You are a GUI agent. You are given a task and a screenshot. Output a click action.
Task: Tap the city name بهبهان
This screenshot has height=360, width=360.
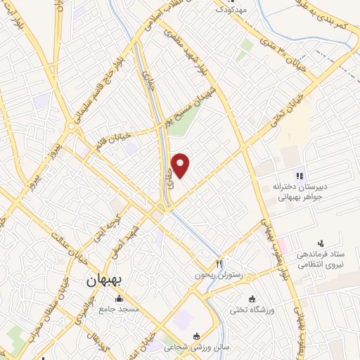tap(104, 280)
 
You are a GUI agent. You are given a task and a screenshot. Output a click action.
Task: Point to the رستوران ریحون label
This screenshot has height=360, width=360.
tap(219, 276)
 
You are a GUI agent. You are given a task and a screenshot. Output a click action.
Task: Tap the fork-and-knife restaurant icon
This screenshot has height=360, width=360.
tap(219, 264)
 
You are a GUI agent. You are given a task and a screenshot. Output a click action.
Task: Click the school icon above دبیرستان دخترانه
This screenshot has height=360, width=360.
tap(299, 175)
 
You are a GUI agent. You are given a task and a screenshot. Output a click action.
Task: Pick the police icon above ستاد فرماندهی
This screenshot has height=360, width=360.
tap(321, 242)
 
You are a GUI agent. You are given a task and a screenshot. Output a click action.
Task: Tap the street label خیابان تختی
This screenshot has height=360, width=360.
tap(271, 112)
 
